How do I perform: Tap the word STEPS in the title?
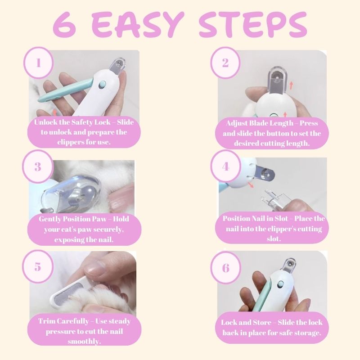coord(253,25)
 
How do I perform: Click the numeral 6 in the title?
coord(65,25)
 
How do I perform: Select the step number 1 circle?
coord(38,63)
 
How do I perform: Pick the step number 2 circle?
coord(225,63)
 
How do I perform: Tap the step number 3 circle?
coord(38,166)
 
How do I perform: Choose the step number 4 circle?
coord(226,166)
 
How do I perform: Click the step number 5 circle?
coord(38,266)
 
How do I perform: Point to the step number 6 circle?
coord(226,267)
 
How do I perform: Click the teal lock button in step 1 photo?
coord(102,85)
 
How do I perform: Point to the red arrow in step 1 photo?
coord(54,112)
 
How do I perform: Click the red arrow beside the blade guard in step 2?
coord(291,85)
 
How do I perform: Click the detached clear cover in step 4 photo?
coord(274,199)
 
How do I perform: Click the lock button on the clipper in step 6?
coord(280,285)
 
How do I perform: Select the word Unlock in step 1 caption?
coord(46,122)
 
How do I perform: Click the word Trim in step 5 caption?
coord(46,321)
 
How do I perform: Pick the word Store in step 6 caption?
coord(262,322)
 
